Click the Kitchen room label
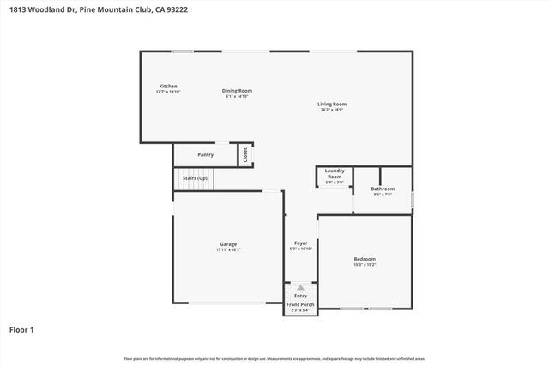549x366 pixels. click(168, 87)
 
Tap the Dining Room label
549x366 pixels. click(237, 91)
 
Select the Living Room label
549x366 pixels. click(333, 105)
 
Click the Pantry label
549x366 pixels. click(205, 154)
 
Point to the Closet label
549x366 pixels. click(245, 154)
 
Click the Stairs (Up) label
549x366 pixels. click(195, 177)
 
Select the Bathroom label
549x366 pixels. click(383, 189)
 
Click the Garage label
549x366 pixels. click(228, 244)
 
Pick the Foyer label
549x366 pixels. click(301, 243)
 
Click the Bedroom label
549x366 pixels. click(365, 259)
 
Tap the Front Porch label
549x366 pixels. click(300, 304)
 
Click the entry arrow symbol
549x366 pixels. click(300, 288)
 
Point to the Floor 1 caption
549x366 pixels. click(22, 328)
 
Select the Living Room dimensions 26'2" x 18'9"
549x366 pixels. click(333, 110)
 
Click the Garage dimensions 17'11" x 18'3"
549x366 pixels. click(228, 249)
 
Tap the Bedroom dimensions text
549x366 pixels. click(365, 264)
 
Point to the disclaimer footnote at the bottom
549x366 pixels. click(274, 358)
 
